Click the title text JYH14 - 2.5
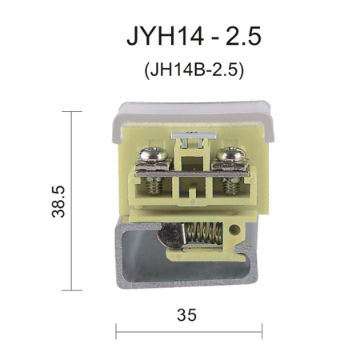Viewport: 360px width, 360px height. [194, 36]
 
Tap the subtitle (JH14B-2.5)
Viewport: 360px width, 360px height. [194, 70]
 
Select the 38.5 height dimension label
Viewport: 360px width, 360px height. [58, 202]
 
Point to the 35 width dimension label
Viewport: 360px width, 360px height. [186, 314]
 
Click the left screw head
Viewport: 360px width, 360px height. [154, 154]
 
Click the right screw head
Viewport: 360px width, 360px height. [230, 154]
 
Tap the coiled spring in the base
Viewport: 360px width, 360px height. [203, 234]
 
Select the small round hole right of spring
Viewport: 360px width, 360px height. [234, 229]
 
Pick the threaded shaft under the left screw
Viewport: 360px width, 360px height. [154, 185]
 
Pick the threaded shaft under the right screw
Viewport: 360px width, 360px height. [230, 185]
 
